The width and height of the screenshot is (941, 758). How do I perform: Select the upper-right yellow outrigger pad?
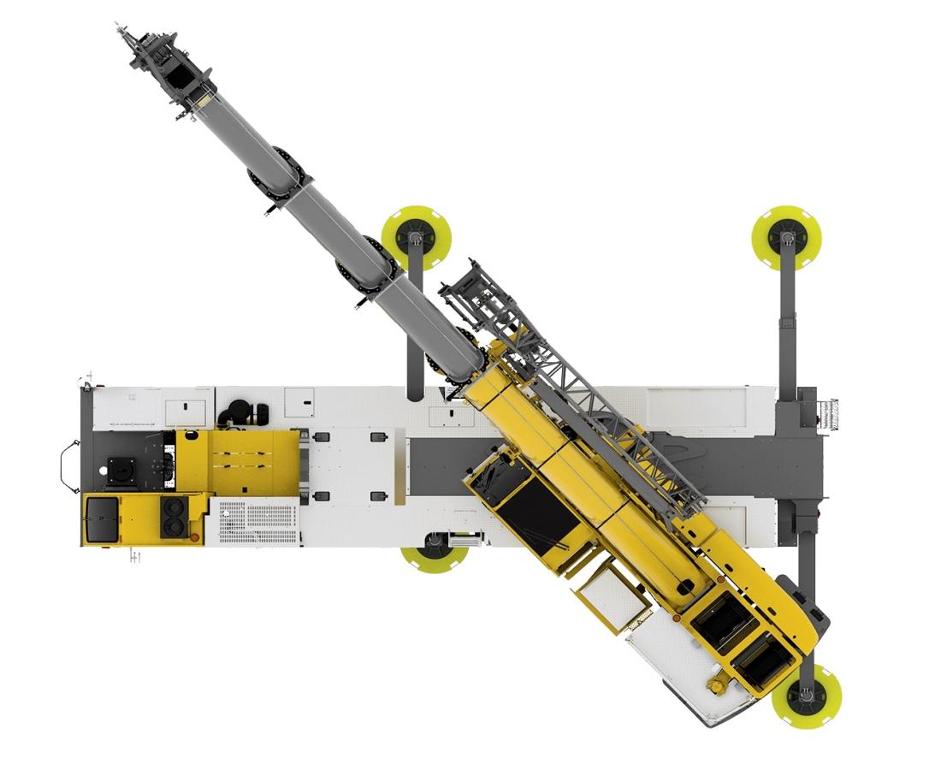[x=785, y=237]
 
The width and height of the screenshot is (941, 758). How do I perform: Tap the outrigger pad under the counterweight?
[x=806, y=695]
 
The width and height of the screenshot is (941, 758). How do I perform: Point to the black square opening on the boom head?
[x=182, y=76]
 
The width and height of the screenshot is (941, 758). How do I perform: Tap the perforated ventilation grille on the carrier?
[x=257, y=523]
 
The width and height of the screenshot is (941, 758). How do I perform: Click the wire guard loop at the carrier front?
[x=66, y=466]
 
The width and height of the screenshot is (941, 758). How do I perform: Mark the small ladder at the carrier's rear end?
[x=828, y=412]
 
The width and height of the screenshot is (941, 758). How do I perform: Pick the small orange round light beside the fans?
[x=195, y=536]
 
